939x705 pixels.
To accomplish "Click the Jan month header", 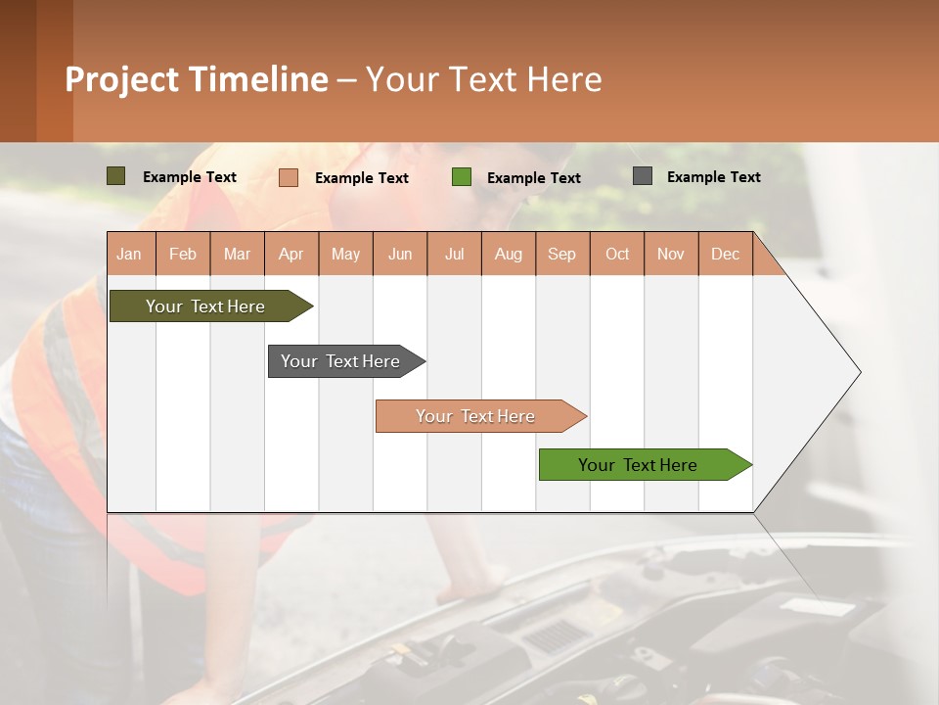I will coord(130,254).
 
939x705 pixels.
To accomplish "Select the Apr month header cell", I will coord(291,254).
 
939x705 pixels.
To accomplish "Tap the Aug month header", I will coord(509,254).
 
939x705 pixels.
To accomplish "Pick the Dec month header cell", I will coord(725,254).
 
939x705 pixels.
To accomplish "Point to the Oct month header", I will coord(617,254).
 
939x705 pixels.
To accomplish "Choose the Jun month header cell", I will coord(400,254).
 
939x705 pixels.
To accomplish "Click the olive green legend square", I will coord(116,176).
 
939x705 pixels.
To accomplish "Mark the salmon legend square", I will coord(289,177).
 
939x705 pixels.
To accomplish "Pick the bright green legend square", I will coord(462,177).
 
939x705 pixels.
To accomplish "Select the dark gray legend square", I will coord(643,176).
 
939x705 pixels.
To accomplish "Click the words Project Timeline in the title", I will coord(197,79).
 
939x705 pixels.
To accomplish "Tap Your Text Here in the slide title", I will coord(483,79).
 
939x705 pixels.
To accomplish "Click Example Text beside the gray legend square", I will coord(713,177).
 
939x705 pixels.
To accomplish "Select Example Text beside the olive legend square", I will coord(189,177).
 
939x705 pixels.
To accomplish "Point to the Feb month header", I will coord(183,254).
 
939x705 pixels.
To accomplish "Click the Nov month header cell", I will coord(671,254).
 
